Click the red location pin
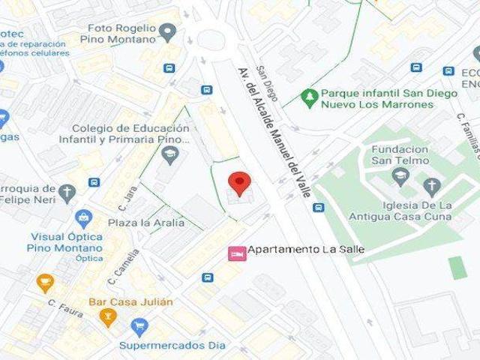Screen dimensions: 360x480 238,183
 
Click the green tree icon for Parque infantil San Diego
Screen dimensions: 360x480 307,96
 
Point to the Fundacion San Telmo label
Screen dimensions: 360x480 400,154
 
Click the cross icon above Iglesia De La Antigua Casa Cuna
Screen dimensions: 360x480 431,186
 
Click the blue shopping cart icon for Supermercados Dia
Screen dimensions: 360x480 139,326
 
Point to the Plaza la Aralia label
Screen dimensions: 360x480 145,223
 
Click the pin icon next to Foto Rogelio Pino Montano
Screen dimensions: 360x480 168,32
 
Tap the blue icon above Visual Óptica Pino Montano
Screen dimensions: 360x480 85,218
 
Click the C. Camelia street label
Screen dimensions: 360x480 125,267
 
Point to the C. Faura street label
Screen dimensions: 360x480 64,307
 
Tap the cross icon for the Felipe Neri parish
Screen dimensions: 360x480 67,192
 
